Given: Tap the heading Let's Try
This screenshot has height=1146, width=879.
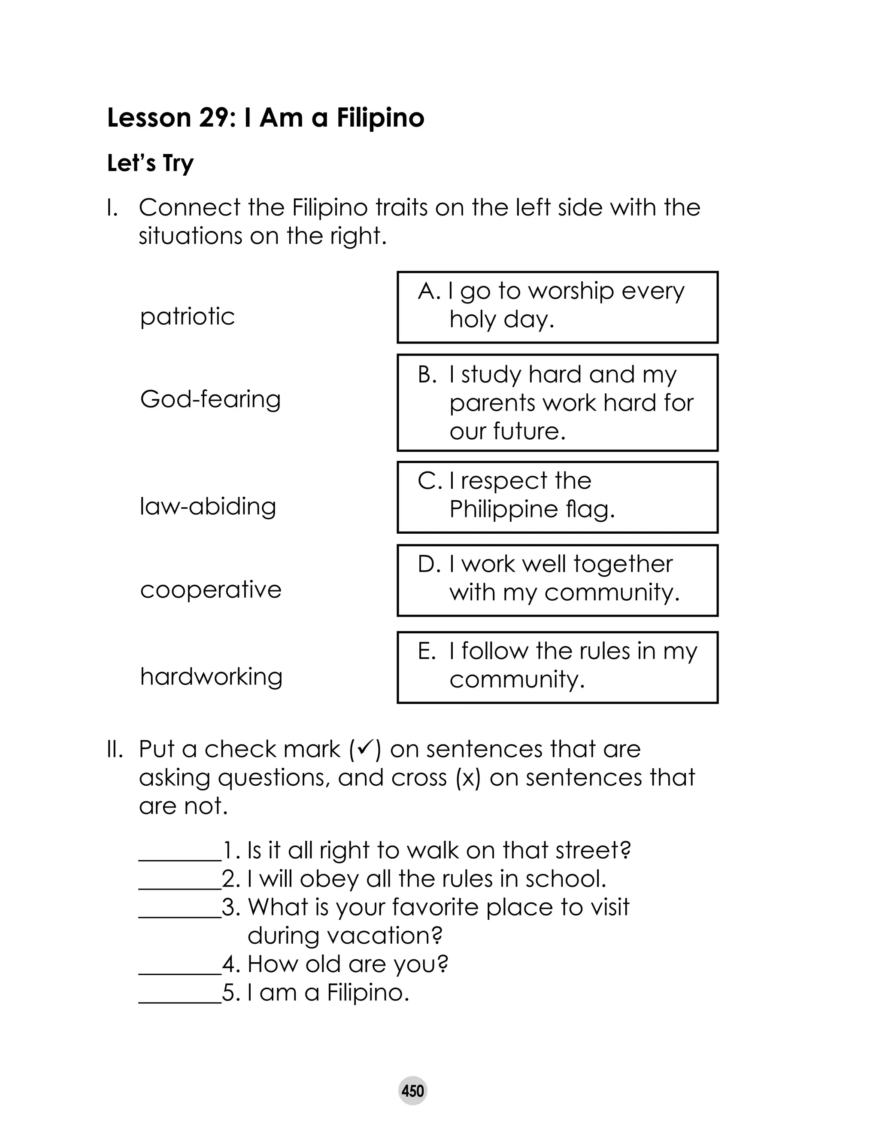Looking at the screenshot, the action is click(x=150, y=163).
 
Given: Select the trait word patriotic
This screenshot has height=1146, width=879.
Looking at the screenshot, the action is click(x=187, y=316).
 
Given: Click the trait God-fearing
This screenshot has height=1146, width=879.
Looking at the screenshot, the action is click(x=210, y=399).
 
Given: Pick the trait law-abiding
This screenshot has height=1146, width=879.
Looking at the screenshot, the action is click(x=208, y=507).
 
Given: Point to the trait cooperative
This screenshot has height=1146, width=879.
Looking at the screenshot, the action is click(x=211, y=590).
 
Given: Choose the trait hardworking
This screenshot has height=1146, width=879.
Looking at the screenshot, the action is click(x=211, y=677).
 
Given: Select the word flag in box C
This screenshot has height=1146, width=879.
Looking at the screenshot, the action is click(x=590, y=509).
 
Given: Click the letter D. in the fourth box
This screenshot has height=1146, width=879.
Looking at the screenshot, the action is click(x=430, y=564).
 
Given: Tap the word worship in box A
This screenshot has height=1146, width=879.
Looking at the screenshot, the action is click(x=571, y=291).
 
